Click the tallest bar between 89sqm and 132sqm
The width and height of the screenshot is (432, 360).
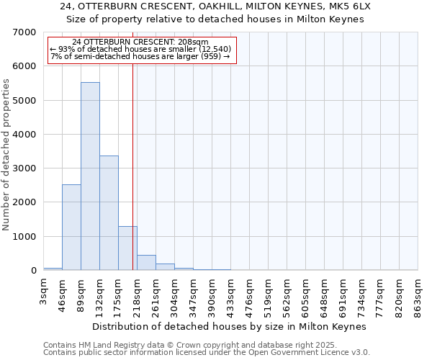pyautogui.click(x=90, y=176)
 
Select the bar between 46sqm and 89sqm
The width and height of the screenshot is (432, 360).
pyautogui.click(x=71, y=227)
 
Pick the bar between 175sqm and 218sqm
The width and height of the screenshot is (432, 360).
pyautogui.click(x=127, y=248)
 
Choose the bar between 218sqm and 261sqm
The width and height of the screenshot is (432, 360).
pyautogui.click(x=146, y=263)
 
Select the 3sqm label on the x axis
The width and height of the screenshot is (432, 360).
pyautogui.click(x=44, y=291)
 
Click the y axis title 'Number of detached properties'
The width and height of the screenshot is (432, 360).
pyautogui.click(x=6, y=154)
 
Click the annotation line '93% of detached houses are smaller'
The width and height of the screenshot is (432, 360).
pyautogui.click(x=141, y=49)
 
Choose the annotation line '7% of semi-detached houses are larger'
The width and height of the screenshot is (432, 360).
pyautogui.click(x=141, y=56)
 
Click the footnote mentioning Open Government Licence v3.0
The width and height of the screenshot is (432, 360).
pyautogui.click(x=207, y=353)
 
